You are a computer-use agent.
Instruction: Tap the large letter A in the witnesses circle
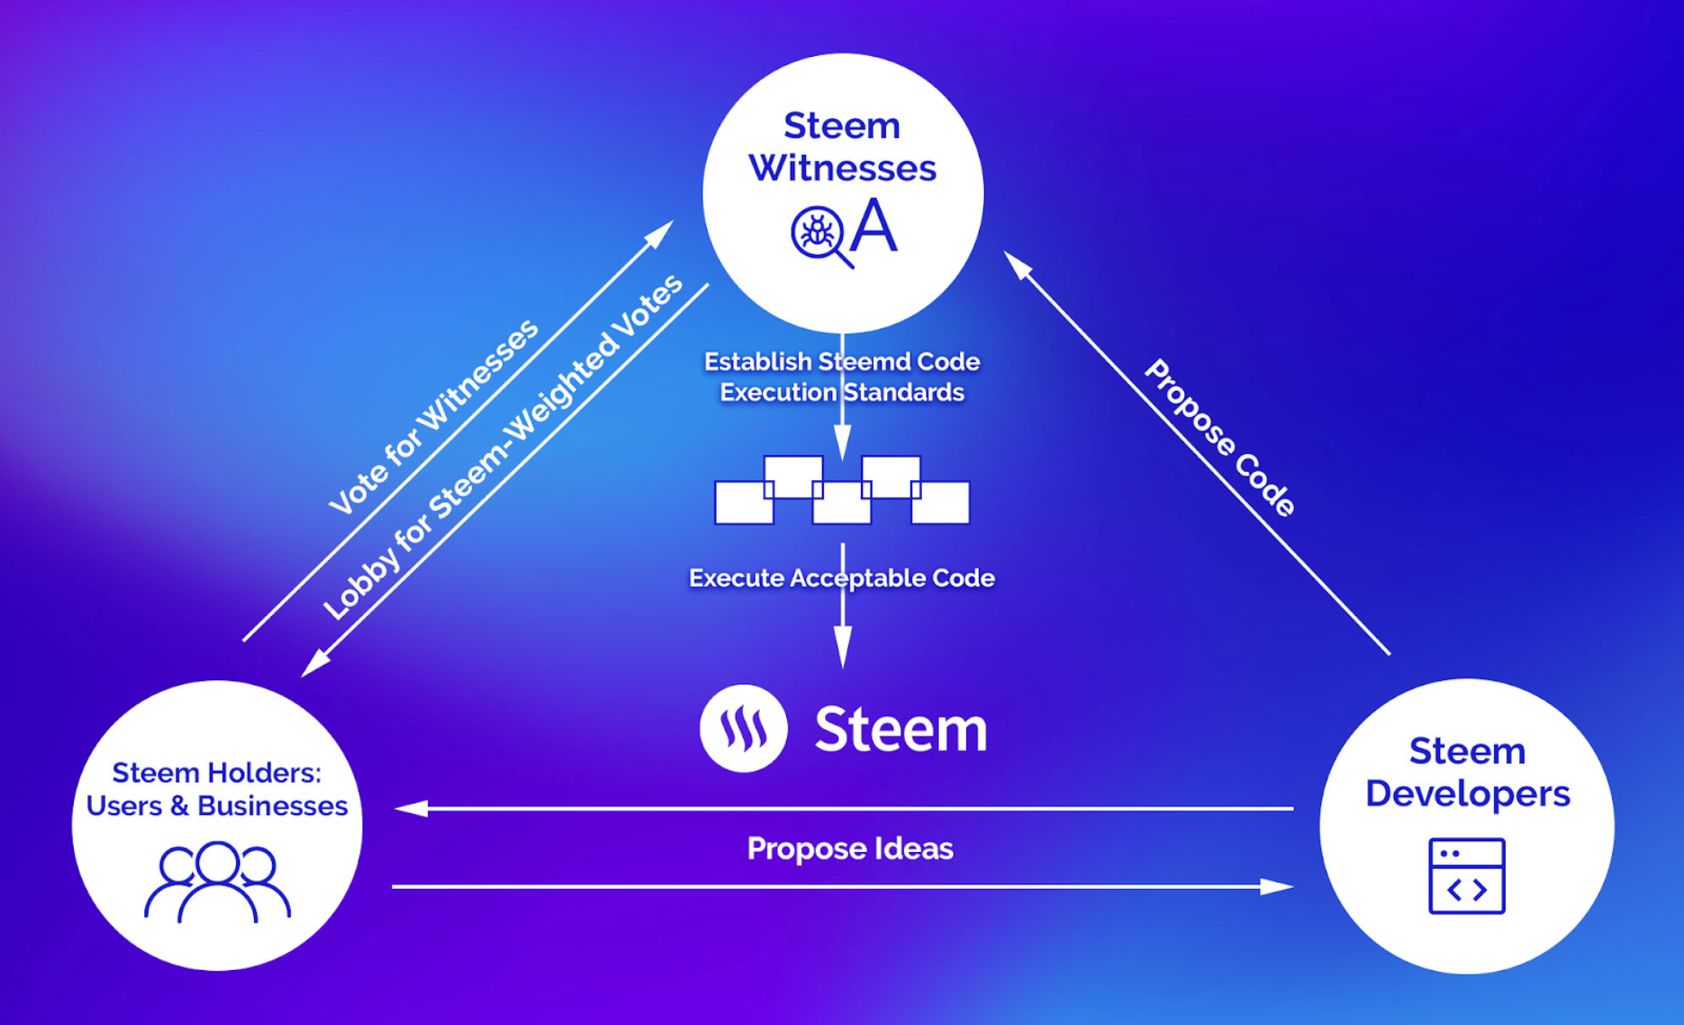(874, 228)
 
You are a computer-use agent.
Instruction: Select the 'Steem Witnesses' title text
(842, 147)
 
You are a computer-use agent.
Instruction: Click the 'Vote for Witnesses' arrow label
(433, 417)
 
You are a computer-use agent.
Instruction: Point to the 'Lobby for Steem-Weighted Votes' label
(502, 448)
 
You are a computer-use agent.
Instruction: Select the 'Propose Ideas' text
(850, 848)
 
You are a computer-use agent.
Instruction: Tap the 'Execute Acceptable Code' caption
(842, 578)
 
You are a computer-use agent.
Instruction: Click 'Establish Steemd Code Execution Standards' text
(842, 376)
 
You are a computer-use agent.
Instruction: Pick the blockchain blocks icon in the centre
(842, 491)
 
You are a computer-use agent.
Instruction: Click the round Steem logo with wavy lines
(744, 728)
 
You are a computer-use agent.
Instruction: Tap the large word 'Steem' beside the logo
(901, 729)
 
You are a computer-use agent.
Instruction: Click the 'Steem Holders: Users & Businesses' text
(217, 789)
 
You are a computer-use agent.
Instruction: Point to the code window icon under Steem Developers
(1467, 876)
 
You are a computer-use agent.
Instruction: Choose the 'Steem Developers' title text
(1467, 772)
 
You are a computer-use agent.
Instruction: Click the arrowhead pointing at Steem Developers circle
(1278, 887)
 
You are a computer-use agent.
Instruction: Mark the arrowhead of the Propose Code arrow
(1017, 264)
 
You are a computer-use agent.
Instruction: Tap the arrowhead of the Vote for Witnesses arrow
(661, 231)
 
